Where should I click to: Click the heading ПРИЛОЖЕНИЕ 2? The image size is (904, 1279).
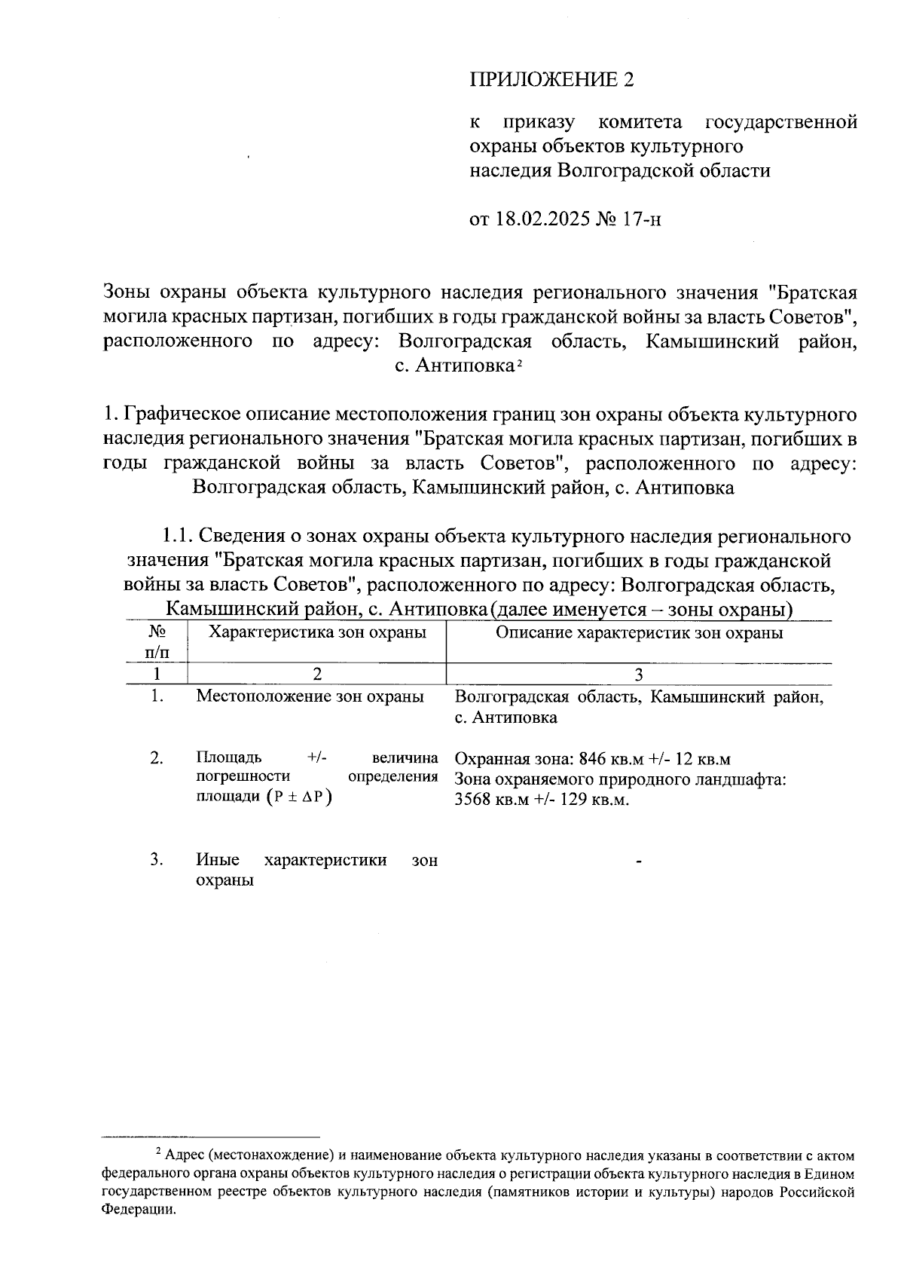551,80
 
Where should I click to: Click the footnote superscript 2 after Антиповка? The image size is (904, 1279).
519,365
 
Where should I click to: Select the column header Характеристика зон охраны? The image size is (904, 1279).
317,632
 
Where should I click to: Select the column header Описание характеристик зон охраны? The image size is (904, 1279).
639,632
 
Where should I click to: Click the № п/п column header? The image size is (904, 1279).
157,641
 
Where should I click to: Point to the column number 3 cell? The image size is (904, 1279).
639,674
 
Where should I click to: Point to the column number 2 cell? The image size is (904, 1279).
317,674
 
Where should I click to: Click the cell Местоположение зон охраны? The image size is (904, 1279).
310,696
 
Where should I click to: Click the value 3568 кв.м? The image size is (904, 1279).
490,799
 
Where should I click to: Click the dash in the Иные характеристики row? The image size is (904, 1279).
639,861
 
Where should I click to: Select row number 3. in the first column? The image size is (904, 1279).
157,859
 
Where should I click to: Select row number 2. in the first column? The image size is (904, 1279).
157,757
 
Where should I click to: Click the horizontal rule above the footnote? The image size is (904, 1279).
211,1137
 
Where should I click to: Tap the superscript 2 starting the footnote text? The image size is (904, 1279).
157,1151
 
